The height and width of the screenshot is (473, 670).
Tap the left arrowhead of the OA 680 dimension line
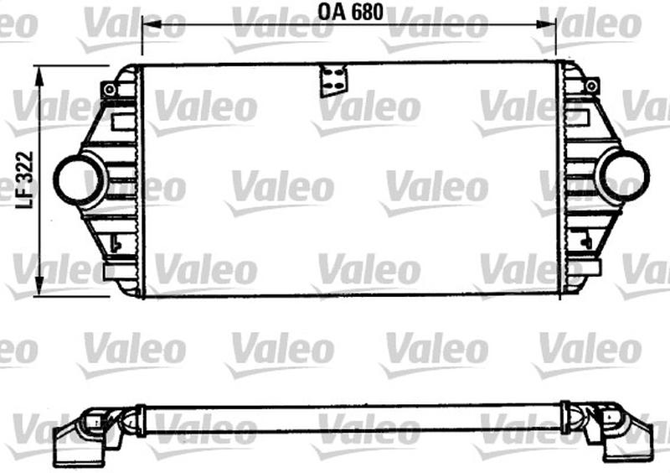click(148, 25)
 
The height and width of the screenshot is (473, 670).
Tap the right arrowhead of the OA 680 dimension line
click(550, 25)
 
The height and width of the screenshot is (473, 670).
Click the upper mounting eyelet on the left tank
click(109, 89)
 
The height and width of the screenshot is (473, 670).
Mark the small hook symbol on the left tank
click(116, 243)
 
